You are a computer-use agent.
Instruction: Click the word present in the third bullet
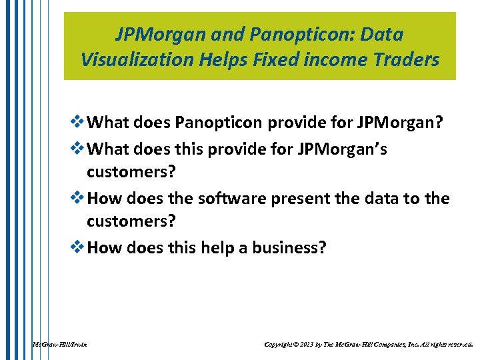point(299,198)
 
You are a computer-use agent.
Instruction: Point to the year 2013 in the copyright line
point(306,345)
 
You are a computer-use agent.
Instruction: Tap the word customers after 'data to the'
point(131,221)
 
